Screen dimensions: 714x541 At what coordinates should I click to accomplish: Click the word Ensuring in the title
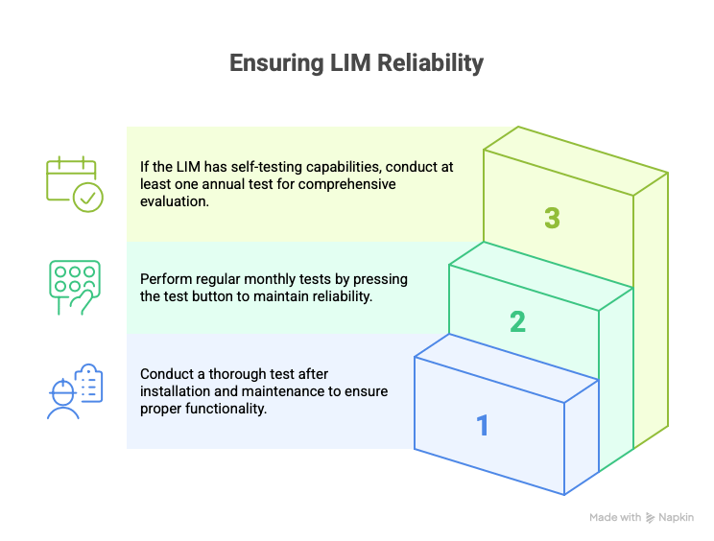click(x=276, y=63)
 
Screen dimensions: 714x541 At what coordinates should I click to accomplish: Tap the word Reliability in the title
click(x=430, y=62)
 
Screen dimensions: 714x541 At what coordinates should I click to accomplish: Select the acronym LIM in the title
click(x=350, y=62)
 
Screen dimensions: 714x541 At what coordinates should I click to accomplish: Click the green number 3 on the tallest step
click(x=552, y=218)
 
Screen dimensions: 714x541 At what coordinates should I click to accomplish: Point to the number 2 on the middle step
click(x=517, y=321)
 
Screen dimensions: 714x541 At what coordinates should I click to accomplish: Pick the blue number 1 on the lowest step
click(x=483, y=426)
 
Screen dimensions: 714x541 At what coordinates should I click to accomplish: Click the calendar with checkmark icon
click(x=75, y=184)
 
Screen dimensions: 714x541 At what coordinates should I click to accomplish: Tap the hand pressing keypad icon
click(x=75, y=288)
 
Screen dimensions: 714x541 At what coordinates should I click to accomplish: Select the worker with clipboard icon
click(x=75, y=391)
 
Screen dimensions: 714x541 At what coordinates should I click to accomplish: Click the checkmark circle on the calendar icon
click(x=88, y=198)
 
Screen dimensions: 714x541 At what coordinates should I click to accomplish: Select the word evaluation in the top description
click(x=175, y=201)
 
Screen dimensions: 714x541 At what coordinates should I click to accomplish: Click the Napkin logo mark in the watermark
click(x=651, y=518)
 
